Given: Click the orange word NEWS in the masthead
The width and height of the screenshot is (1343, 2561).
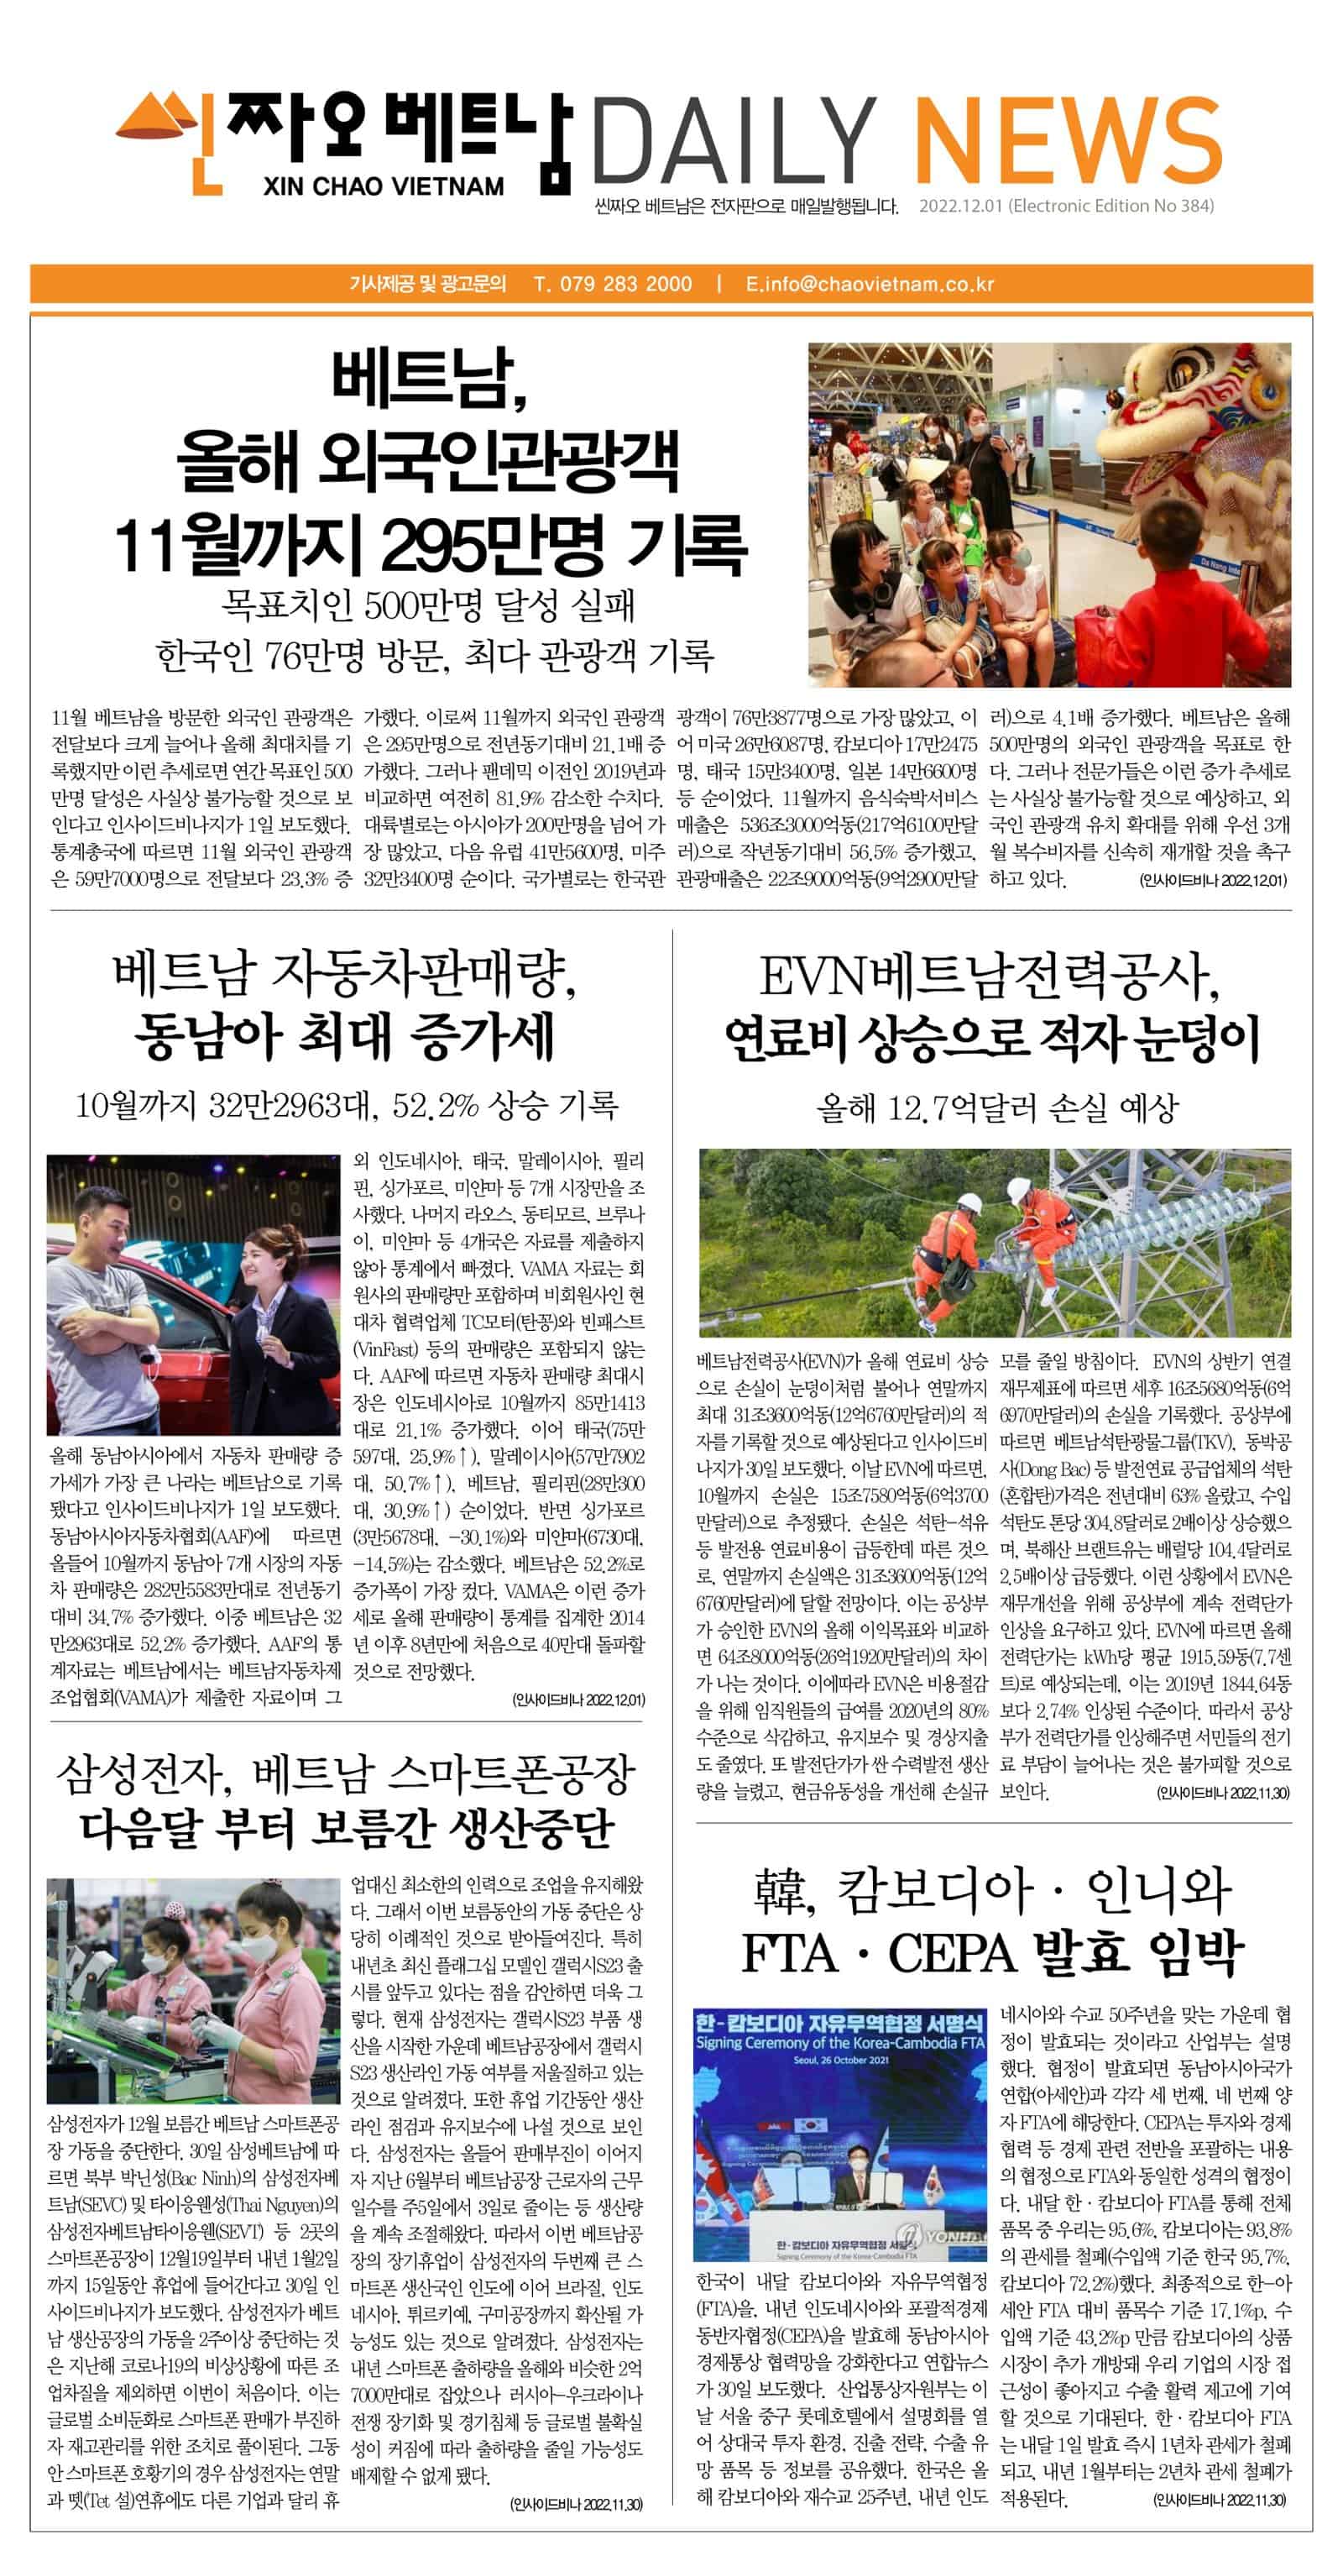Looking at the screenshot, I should (x=1067, y=140).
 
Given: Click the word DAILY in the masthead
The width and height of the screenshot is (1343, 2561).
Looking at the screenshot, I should (x=734, y=141).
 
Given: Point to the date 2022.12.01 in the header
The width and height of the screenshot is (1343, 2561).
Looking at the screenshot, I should (x=960, y=207).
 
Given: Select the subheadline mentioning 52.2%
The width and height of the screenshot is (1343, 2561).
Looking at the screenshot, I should (x=347, y=1104).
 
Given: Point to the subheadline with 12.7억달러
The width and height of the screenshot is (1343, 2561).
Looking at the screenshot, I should (x=996, y=1108).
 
